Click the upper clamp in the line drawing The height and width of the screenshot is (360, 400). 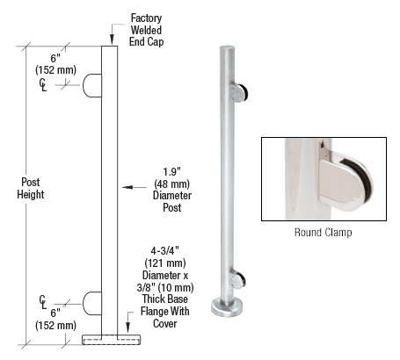coord(92,85)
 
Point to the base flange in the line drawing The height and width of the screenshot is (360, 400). coord(110,338)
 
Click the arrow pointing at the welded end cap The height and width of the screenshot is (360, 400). coord(113,39)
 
